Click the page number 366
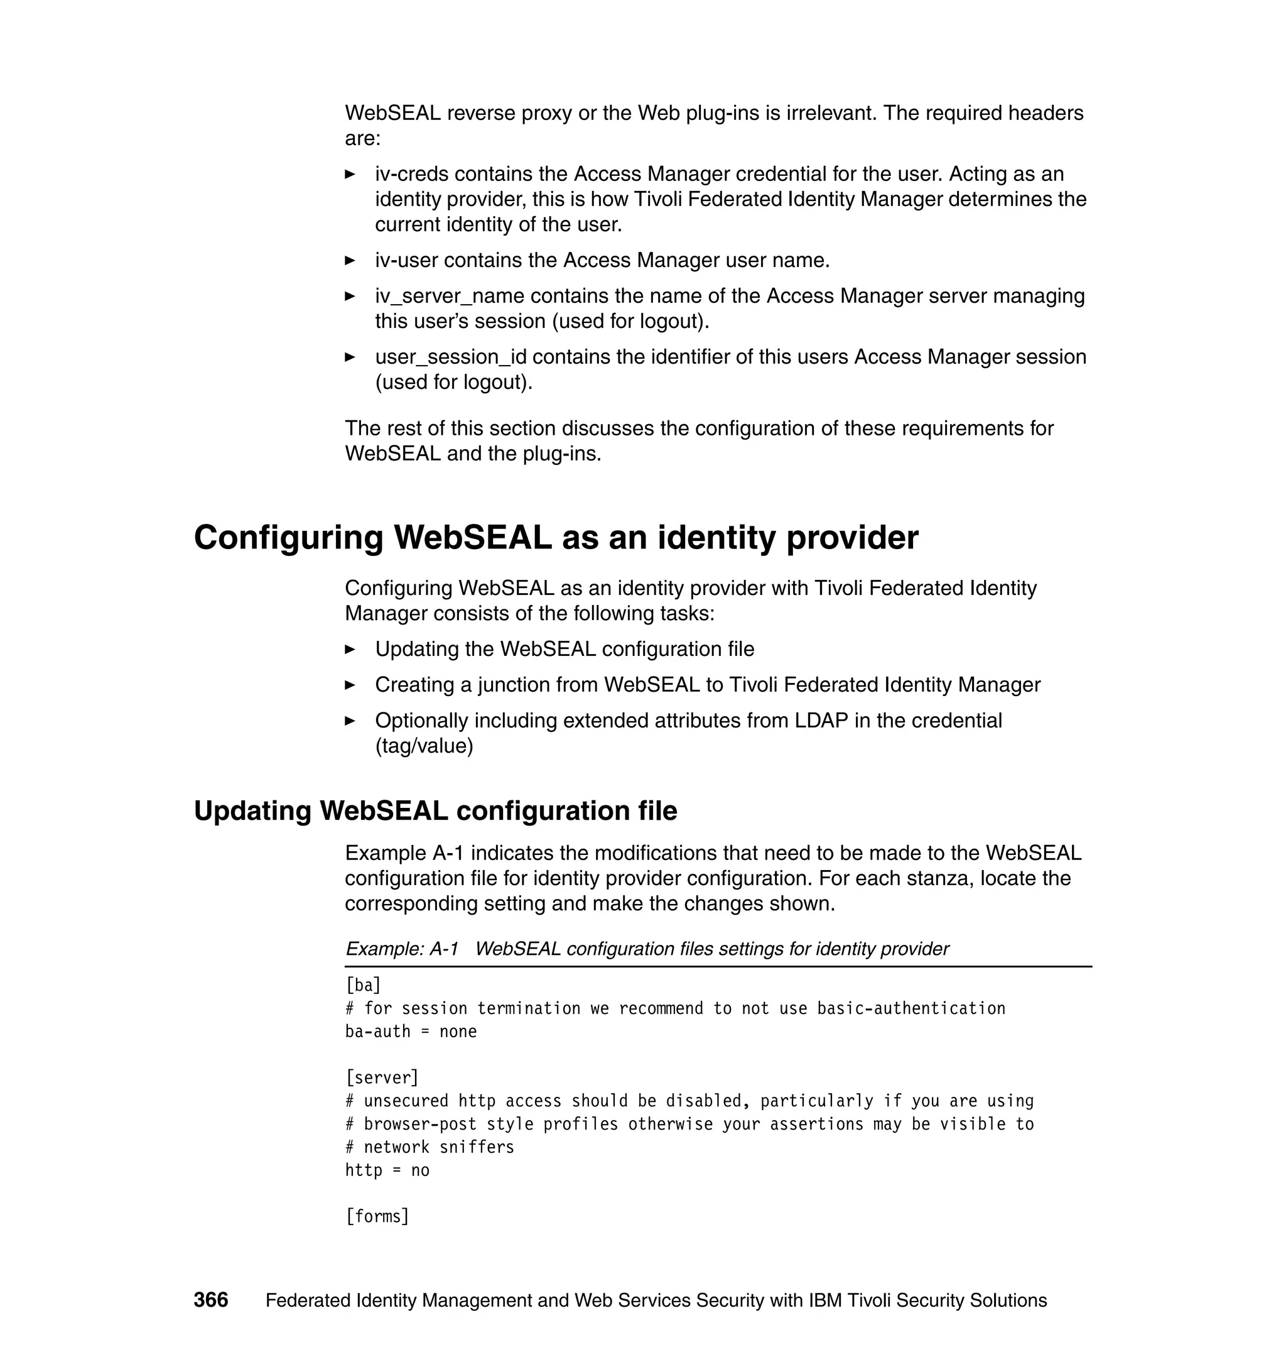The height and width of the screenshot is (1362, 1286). coord(210,1300)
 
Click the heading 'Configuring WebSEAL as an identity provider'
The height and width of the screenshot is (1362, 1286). coord(555,537)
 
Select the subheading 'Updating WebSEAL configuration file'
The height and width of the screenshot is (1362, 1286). coord(435,810)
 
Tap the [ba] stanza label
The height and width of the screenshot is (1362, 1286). coord(363,985)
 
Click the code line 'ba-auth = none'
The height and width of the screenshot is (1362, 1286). coord(411,1031)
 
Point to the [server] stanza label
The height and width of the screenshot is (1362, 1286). coord(382,1077)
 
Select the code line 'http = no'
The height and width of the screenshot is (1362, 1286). coord(387,1170)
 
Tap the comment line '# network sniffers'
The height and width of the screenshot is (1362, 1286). coord(430,1147)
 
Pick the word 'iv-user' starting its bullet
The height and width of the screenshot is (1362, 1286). coord(406,261)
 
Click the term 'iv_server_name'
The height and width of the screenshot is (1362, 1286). coord(449,297)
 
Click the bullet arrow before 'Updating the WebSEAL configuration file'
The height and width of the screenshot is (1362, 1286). coord(350,650)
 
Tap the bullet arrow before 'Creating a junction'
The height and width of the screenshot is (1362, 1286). coord(350,685)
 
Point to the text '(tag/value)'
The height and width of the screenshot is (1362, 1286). coord(424,746)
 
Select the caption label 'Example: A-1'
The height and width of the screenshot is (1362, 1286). coord(402,949)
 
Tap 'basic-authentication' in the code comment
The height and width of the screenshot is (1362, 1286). coord(910,1008)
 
